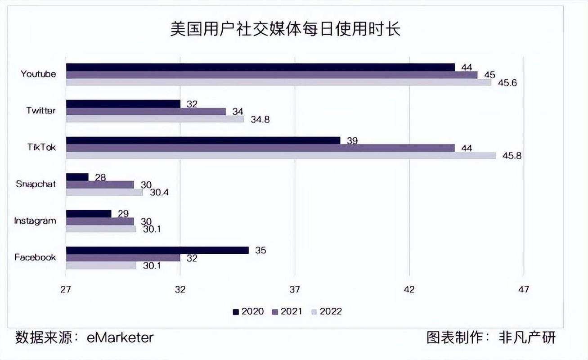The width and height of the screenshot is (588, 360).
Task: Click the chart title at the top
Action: [285, 30]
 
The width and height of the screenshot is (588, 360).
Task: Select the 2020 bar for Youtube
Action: [260, 67]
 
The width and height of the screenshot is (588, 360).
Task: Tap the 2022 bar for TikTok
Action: [281, 156]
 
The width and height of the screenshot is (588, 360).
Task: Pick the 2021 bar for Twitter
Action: [146, 111]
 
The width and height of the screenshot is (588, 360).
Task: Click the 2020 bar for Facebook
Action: [157, 250]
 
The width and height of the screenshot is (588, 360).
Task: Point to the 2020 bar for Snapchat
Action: [77, 177]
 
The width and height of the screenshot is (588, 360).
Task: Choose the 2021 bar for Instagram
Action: [100, 221]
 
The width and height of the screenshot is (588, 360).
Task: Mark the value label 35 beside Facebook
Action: [260, 250]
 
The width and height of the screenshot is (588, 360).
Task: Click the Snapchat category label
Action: [36, 184]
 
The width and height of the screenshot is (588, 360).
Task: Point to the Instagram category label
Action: [35, 220]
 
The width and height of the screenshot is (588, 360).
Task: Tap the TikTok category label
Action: [41, 147]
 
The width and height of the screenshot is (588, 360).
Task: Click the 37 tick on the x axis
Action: [295, 289]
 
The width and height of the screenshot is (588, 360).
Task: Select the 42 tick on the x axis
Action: [409, 289]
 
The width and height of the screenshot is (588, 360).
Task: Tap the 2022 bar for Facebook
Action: [101, 265]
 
